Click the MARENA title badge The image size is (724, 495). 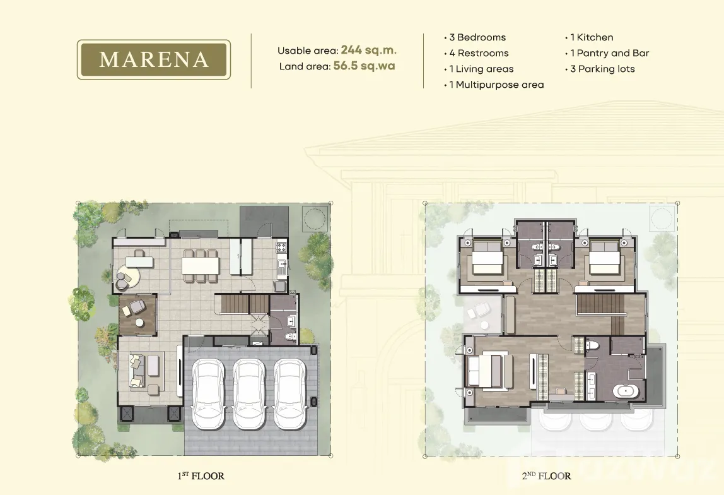(154, 59)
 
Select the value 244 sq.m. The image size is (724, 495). (369, 50)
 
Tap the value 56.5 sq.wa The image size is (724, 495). (364, 66)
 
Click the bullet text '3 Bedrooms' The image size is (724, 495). (477, 37)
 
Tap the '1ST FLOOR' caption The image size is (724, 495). (201, 475)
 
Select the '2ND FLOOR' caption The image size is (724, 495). (547, 475)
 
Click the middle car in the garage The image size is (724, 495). (249, 393)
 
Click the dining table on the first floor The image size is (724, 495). (200, 265)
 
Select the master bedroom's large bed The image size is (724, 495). (488, 371)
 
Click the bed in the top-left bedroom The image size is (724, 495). (486, 263)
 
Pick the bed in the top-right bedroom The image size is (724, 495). (604, 263)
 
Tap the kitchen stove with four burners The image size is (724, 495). (281, 247)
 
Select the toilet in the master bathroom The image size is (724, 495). (592, 344)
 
